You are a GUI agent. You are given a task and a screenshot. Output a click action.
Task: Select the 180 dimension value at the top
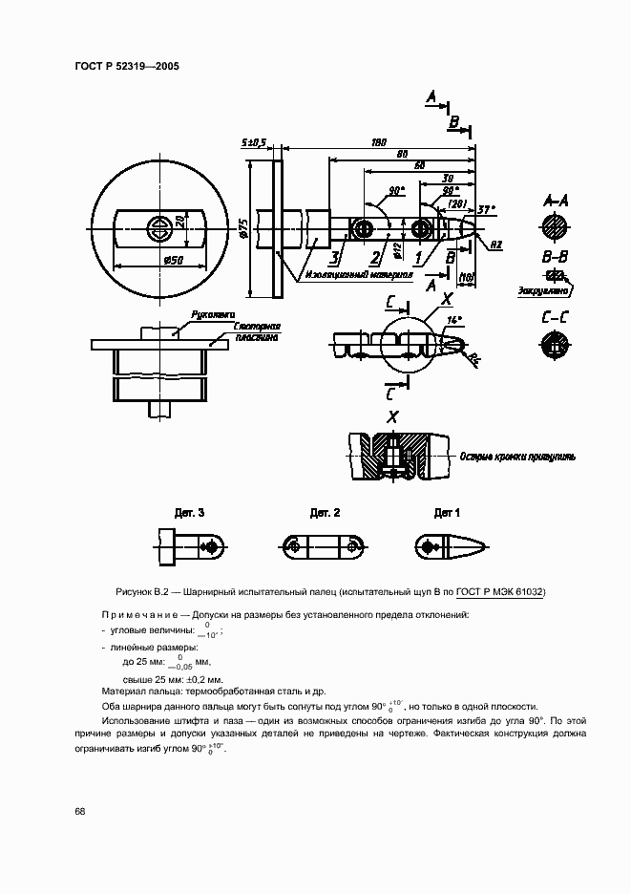(378, 142)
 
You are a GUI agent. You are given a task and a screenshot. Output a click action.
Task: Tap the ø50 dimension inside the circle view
(174, 260)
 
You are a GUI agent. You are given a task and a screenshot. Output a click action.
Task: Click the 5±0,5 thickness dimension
(254, 142)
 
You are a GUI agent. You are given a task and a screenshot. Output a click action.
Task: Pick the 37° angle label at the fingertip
(486, 209)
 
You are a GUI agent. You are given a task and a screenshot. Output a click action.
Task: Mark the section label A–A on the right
(556, 202)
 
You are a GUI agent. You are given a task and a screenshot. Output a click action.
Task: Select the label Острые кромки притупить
(516, 457)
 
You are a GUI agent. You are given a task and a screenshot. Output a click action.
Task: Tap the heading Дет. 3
(188, 513)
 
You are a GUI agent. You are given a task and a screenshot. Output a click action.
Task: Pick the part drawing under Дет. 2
(326, 545)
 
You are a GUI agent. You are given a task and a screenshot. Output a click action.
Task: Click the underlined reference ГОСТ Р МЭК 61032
(499, 591)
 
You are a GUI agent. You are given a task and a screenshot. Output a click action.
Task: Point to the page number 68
(80, 811)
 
